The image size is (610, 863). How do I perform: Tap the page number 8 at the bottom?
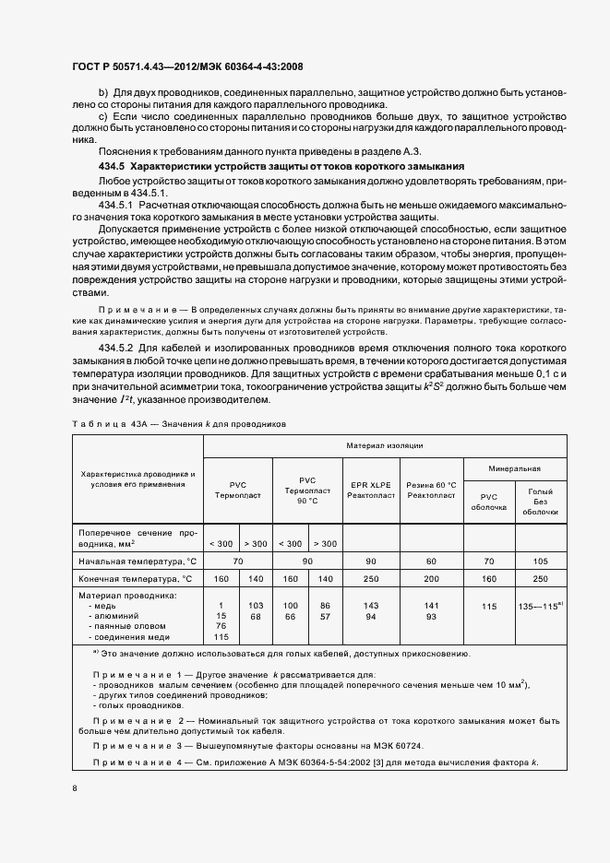click(74, 788)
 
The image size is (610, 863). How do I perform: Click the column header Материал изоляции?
click(385, 445)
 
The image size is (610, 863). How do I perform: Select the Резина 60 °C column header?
click(432, 490)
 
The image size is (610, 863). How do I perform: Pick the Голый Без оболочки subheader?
click(540, 501)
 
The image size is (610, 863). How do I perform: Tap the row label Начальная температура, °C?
click(138, 560)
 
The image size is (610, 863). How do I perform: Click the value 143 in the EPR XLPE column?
click(372, 603)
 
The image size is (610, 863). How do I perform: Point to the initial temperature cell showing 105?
click(540, 560)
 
